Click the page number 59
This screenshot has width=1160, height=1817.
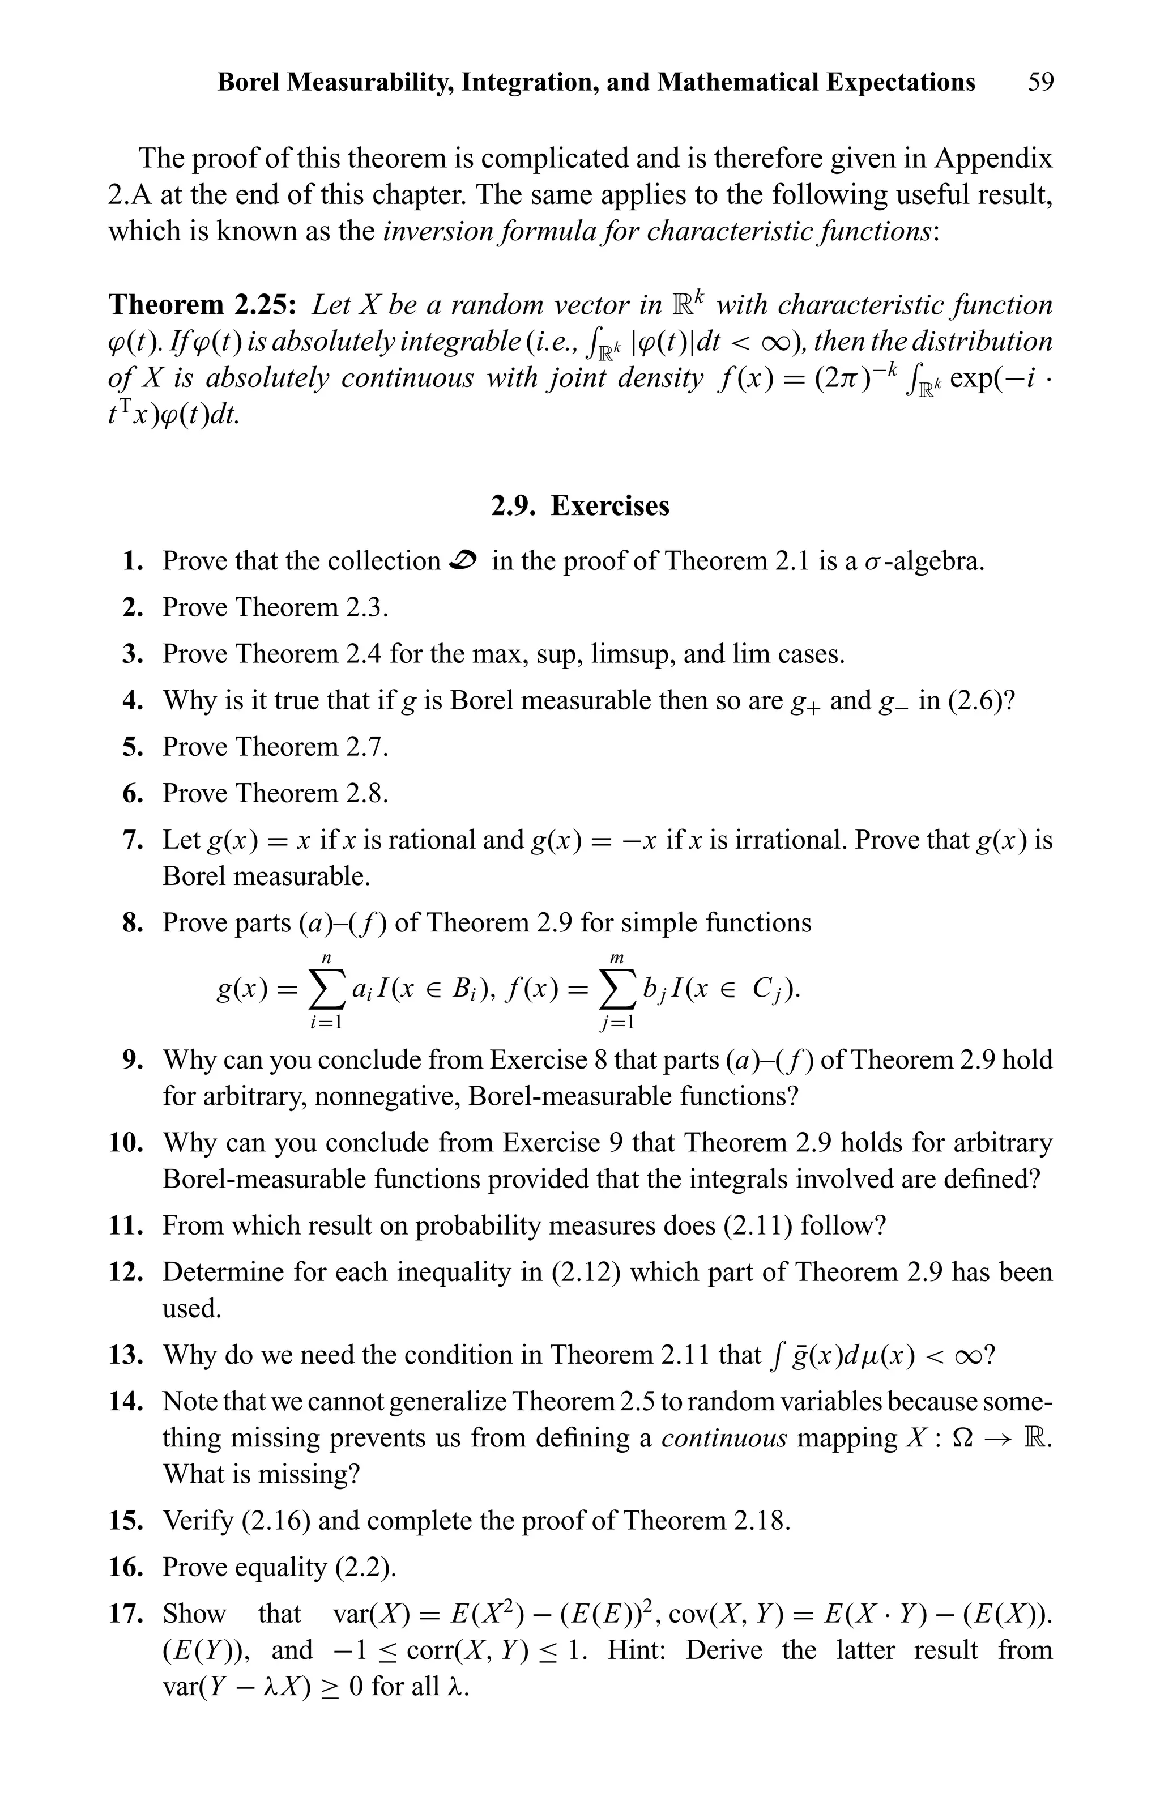[1041, 82]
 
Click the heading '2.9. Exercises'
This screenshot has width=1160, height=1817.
[579, 505]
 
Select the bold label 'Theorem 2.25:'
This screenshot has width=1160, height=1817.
[202, 305]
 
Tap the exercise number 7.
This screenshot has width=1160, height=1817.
[133, 840]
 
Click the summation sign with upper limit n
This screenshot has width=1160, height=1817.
[327, 989]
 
